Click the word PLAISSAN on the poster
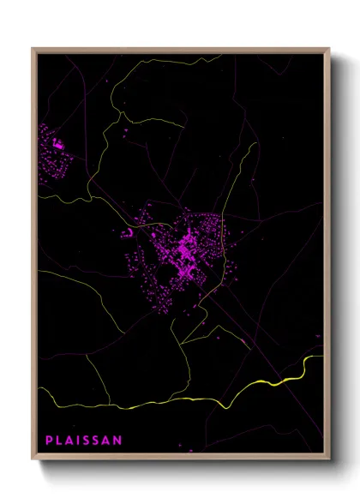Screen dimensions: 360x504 click(x=84, y=441)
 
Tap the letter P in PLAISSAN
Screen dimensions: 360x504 click(x=49, y=441)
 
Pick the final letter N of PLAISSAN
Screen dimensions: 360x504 click(x=118, y=441)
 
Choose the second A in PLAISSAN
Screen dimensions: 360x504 click(x=108, y=441)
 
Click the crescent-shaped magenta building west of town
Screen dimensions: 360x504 click(x=128, y=231)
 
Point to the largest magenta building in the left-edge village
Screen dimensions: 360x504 click(x=58, y=145)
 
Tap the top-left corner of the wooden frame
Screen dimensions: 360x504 click(x=33, y=49)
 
